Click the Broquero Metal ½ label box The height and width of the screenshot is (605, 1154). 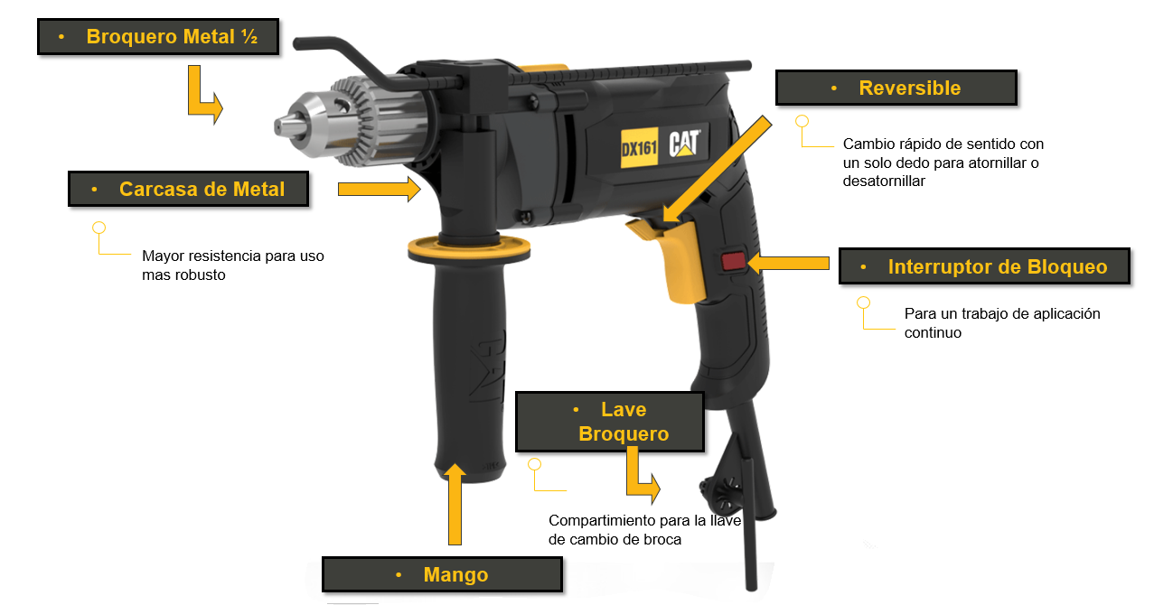(x=157, y=37)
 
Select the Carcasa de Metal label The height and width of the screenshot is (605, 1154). (x=188, y=190)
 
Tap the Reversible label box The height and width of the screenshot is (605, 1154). (x=896, y=88)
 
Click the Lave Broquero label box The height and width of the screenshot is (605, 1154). (x=610, y=422)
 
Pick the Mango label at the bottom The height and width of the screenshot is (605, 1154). (x=442, y=574)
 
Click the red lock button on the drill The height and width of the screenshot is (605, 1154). (x=733, y=263)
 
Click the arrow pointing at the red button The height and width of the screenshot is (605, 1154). (x=788, y=263)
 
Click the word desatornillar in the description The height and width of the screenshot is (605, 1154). (x=883, y=181)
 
